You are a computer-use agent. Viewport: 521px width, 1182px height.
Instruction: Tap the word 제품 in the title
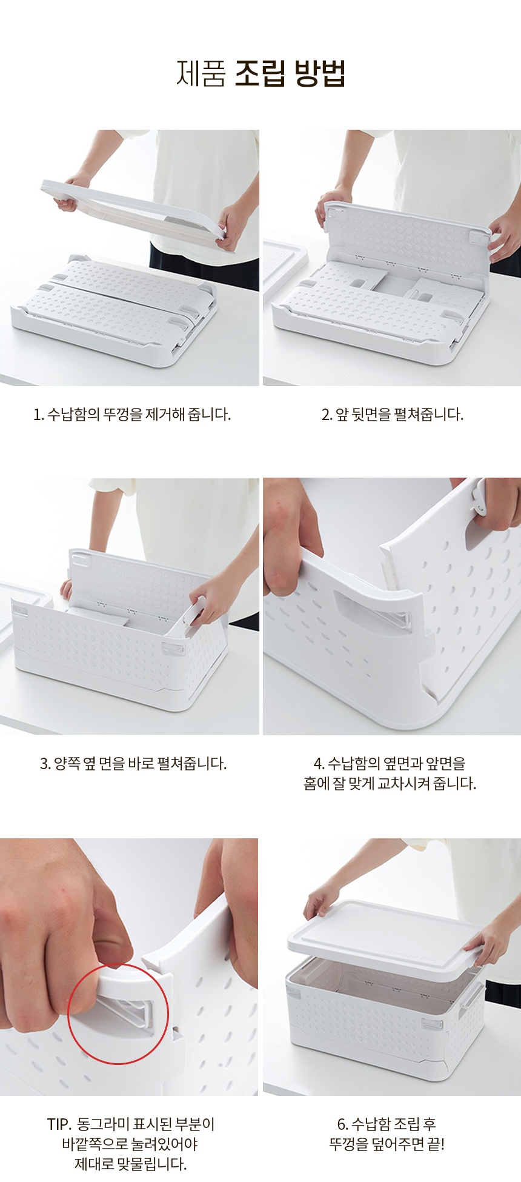click(x=201, y=73)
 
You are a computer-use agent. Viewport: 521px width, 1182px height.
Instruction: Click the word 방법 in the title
click(x=319, y=73)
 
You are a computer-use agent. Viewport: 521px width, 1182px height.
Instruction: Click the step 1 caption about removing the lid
click(x=132, y=415)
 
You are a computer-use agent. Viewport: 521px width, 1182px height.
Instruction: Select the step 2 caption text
click(x=392, y=415)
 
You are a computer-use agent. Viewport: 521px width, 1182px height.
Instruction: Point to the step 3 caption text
click(x=133, y=764)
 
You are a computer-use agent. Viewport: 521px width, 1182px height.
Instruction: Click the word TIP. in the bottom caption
click(x=59, y=1124)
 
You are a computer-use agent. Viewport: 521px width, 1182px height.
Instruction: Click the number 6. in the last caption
click(x=343, y=1124)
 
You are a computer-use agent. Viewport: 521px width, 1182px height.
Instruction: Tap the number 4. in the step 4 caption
click(x=319, y=764)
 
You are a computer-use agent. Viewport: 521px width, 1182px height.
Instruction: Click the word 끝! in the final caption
click(x=436, y=1144)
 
